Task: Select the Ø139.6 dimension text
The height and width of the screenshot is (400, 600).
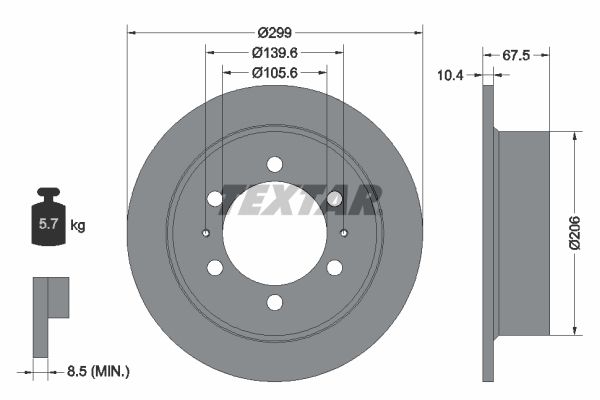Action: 274,51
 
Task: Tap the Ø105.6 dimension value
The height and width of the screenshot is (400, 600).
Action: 274,72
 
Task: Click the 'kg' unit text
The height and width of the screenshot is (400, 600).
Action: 78,225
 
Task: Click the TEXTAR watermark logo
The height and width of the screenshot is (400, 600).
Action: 300,199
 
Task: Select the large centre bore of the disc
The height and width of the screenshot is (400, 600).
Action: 274,236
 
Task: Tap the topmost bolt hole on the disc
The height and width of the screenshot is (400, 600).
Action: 274,165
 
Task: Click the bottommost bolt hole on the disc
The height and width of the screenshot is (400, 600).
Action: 274,303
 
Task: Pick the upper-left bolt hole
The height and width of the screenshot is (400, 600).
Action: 215,199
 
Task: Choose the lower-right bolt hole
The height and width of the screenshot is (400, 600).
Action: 334,268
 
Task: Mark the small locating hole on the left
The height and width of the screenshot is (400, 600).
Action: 205,234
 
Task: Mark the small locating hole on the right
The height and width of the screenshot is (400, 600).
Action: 343,234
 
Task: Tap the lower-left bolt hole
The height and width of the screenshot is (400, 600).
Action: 215,268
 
